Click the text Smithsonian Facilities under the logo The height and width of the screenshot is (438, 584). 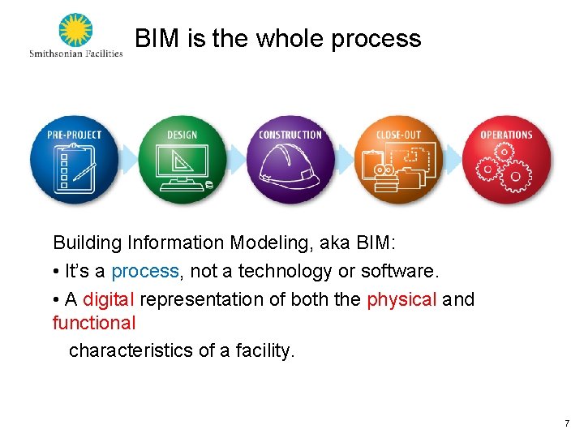tap(75, 54)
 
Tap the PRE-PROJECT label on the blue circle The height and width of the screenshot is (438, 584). tap(75, 135)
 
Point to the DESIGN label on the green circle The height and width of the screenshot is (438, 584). tap(182, 135)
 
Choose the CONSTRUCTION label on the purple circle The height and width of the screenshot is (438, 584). tap(290, 135)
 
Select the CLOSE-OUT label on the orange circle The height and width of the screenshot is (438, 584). tap(398, 135)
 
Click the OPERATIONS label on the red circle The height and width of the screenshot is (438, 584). tap(506, 135)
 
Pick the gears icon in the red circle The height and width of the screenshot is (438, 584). tap(505, 168)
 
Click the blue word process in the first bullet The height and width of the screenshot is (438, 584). tap(145, 271)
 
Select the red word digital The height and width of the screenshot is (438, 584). tap(109, 299)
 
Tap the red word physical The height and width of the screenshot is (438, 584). tap(401, 299)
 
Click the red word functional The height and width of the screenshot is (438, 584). tap(94, 323)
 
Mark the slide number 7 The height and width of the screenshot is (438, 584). tap(567, 423)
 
